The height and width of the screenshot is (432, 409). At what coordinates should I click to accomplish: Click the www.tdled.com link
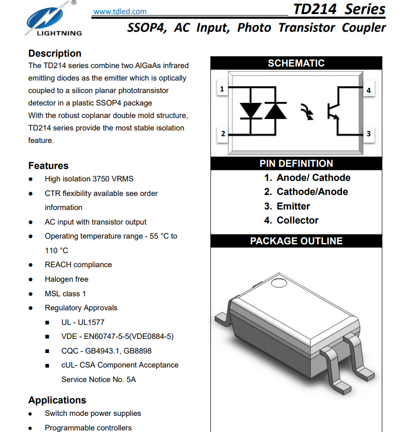click(x=120, y=11)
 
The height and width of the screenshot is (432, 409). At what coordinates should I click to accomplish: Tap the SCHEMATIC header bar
click(x=296, y=63)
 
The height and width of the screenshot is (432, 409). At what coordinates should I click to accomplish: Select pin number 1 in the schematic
click(x=222, y=89)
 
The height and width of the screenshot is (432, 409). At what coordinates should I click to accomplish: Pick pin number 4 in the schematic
click(x=369, y=90)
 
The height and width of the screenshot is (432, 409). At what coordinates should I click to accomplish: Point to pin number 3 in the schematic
click(x=369, y=134)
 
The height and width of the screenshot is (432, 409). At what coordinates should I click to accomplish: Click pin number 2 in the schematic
click(x=222, y=134)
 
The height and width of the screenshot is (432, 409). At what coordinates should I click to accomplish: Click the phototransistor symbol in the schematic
click(x=333, y=111)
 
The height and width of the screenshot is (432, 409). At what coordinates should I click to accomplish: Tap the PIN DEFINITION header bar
click(x=296, y=163)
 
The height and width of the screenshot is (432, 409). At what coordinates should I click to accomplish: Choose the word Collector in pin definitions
click(x=297, y=220)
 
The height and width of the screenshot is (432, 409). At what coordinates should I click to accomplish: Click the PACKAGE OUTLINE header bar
click(x=296, y=241)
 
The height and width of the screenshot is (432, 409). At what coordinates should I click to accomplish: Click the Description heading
click(x=54, y=54)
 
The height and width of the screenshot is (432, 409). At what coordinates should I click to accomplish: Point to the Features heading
click(x=48, y=166)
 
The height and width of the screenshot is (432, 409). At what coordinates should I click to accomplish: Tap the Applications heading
click(x=57, y=400)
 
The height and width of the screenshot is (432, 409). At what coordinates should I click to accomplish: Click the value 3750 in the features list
click(x=101, y=179)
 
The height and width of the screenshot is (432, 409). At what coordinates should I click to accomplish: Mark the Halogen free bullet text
click(x=66, y=279)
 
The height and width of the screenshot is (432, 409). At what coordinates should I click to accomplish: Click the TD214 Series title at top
click(x=339, y=9)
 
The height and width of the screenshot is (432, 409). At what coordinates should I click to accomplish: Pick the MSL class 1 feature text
click(x=65, y=294)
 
